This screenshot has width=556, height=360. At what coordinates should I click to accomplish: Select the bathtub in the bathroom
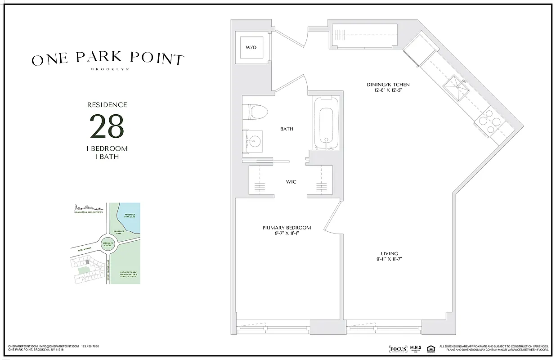[323, 123]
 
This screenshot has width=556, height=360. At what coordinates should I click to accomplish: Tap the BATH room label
[287, 129]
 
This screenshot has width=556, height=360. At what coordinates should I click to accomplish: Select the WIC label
[291, 182]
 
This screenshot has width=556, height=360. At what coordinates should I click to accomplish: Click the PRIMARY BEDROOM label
[287, 228]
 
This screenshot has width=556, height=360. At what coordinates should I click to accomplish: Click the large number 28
[107, 126]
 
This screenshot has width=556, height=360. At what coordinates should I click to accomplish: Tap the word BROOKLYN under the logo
[110, 69]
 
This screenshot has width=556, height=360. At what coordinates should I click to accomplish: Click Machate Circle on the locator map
[108, 243]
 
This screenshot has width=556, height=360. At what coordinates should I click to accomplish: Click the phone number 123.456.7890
[90, 346]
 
